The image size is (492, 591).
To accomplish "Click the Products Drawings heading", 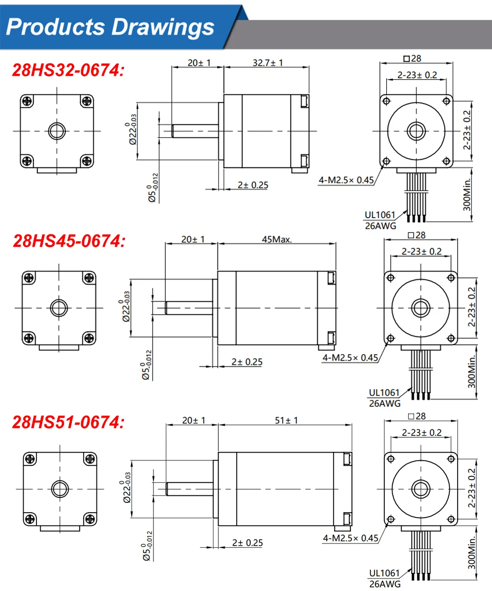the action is (110, 27).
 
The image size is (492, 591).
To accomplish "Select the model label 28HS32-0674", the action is (68, 70).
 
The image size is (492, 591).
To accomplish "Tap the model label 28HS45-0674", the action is (69, 241).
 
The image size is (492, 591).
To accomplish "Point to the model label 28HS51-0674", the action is (68, 422).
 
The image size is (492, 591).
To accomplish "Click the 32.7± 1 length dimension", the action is (268, 63).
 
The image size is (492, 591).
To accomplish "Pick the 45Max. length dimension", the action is (277, 239).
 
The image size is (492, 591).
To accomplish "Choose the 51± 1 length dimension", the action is (286, 420).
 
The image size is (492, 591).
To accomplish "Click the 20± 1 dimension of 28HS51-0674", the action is (194, 420).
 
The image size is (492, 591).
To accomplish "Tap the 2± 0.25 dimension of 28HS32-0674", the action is (253, 185).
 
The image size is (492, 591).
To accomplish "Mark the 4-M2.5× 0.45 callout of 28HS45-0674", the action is (350, 358).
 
